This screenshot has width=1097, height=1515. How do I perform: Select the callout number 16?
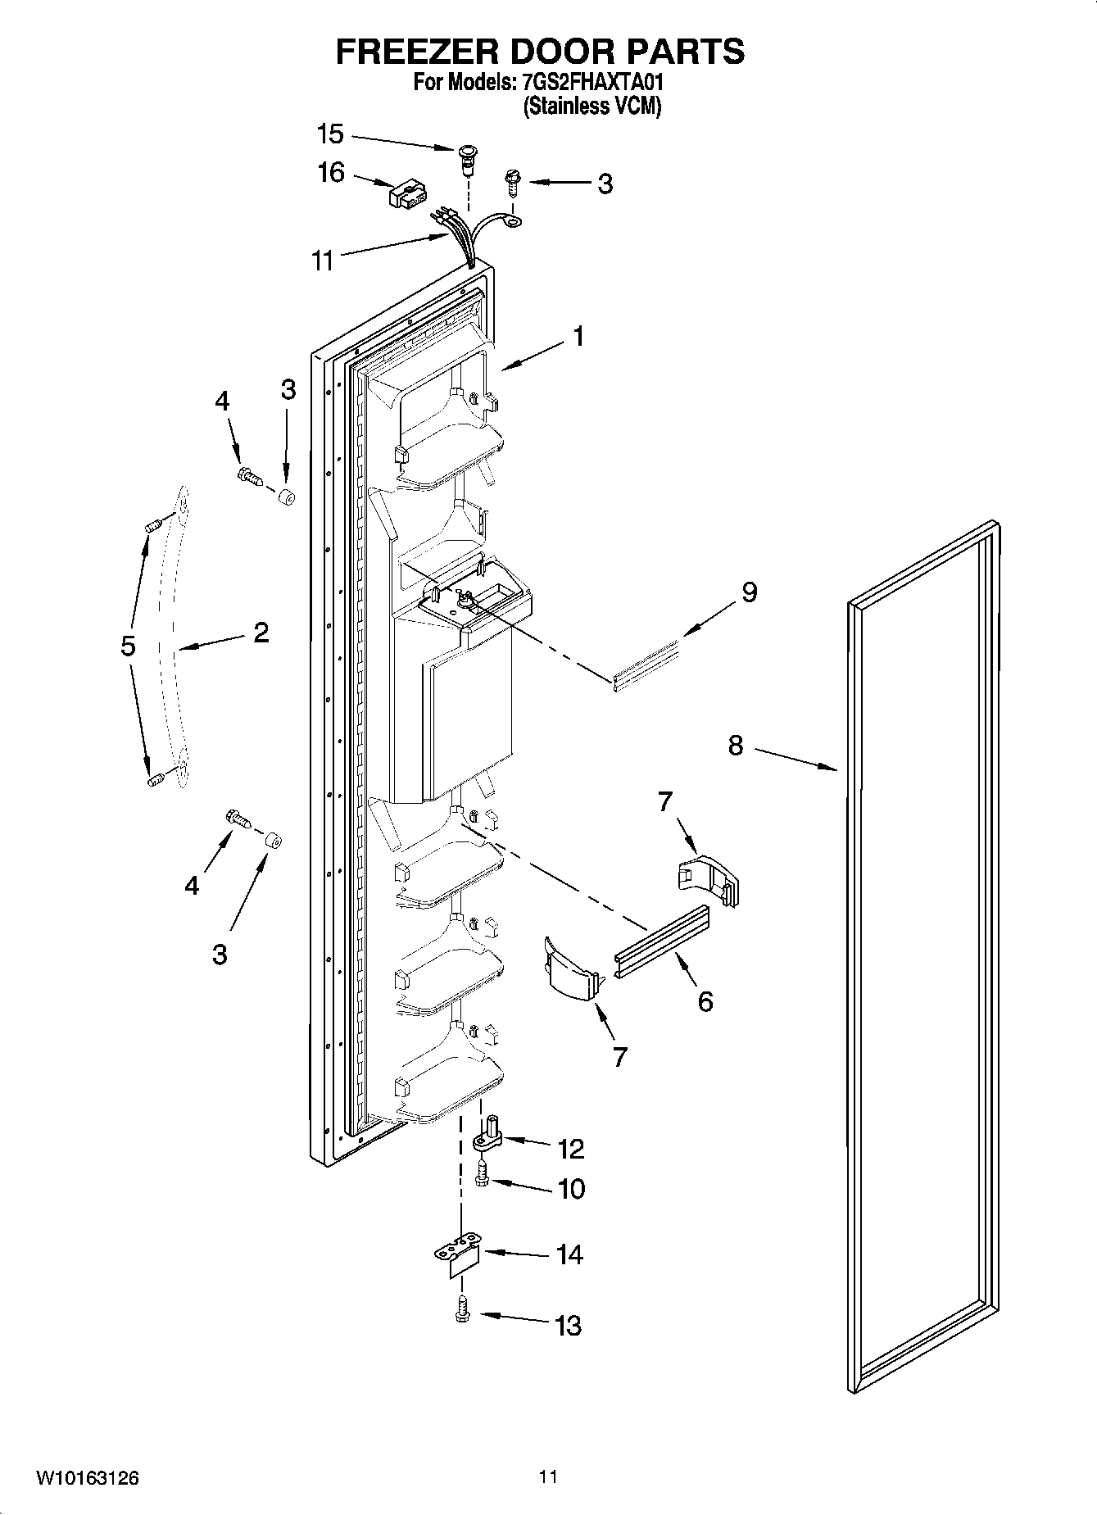click(x=331, y=174)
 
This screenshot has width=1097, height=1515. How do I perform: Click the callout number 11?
click(x=323, y=261)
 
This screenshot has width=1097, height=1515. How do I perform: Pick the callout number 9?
click(x=749, y=592)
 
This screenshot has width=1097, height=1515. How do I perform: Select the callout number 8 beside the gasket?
click(x=735, y=746)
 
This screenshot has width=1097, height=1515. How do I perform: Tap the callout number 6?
click(x=705, y=1001)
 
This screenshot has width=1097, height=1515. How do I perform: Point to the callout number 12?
click(x=571, y=1149)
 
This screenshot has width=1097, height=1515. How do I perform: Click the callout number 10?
click(x=571, y=1189)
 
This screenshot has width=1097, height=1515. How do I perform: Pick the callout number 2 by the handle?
click(x=261, y=633)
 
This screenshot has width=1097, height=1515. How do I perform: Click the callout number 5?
click(x=128, y=646)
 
